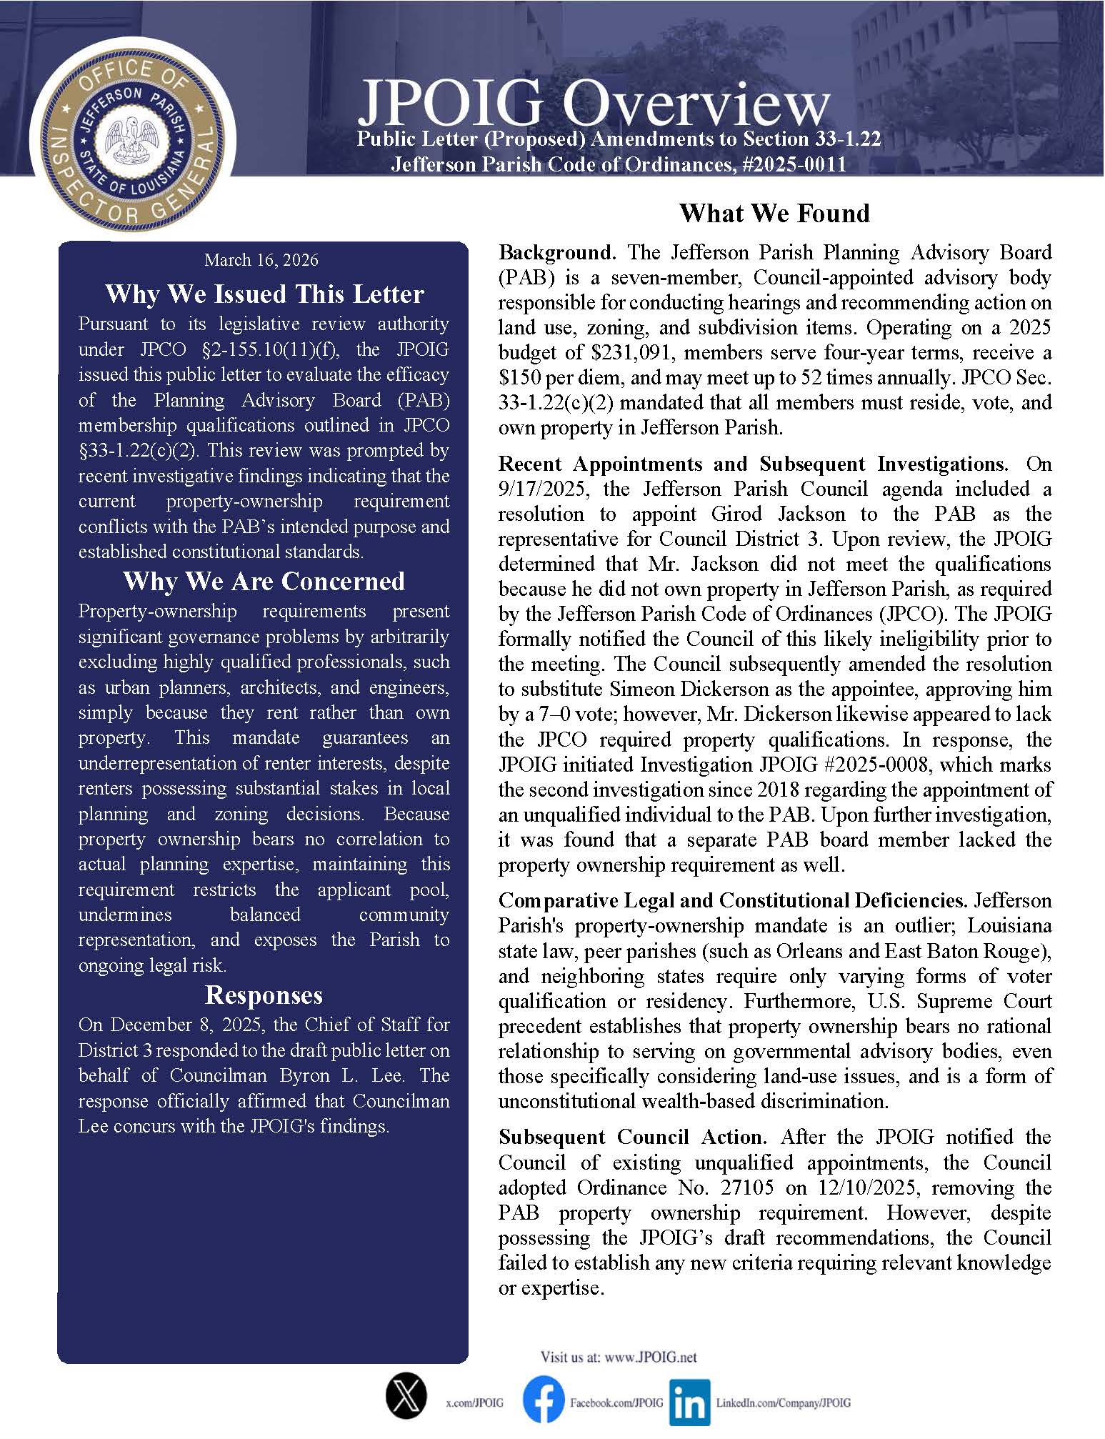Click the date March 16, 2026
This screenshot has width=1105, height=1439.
click(x=261, y=260)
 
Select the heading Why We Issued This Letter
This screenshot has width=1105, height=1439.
click(x=264, y=294)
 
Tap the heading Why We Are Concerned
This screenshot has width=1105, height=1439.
click(x=264, y=581)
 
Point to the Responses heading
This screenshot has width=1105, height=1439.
click(x=264, y=995)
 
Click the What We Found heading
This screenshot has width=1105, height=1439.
click(x=774, y=213)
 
